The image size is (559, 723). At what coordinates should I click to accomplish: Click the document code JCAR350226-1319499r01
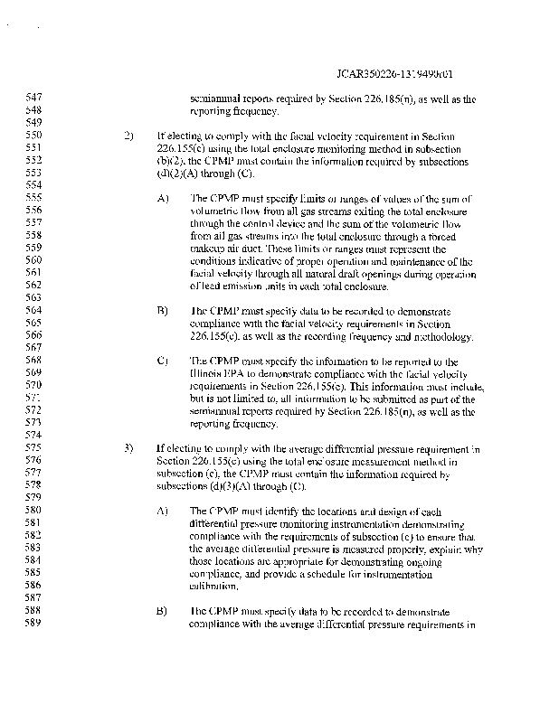coord(406,74)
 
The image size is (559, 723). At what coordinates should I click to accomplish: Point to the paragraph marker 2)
coord(128,136)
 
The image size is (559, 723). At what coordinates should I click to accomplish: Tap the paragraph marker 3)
coord(128,447)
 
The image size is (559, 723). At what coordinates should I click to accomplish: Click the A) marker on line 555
coord(163,198)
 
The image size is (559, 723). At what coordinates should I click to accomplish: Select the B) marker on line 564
coord(163,310)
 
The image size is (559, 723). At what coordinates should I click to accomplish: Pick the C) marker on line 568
coord(163,361)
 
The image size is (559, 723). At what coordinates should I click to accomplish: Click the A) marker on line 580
coord(163,511)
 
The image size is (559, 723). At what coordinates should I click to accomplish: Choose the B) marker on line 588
coord(163,611)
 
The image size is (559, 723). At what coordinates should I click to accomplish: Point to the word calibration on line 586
coord(219,586)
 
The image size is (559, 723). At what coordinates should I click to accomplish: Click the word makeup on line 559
coord(209,248)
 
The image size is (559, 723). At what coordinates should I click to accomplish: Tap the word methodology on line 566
coord(439,336)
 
